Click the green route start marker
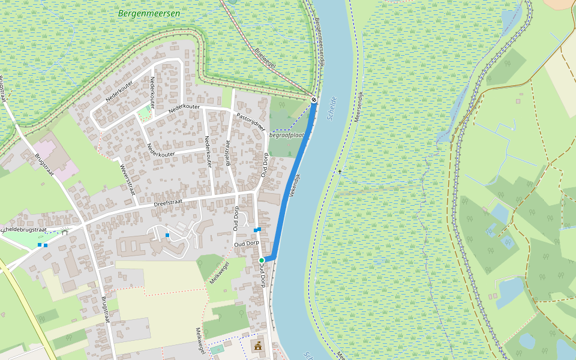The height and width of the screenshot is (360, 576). coord(262,260)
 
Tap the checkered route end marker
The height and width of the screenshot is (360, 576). coord(314,100)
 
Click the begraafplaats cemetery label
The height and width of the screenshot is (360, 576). coord(287,135)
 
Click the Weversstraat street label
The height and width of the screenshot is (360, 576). coord(128,179)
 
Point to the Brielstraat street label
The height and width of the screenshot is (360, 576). coord(228,152)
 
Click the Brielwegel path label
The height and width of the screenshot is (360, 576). coord(265,59)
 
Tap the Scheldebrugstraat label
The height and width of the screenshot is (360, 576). coord(24,230)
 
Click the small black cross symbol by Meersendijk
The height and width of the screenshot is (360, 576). coord(340,172)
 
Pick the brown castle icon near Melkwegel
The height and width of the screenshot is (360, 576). coord(259,346)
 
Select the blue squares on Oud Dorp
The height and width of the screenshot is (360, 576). coord(257,230)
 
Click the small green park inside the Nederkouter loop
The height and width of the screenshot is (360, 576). coord(144,112)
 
